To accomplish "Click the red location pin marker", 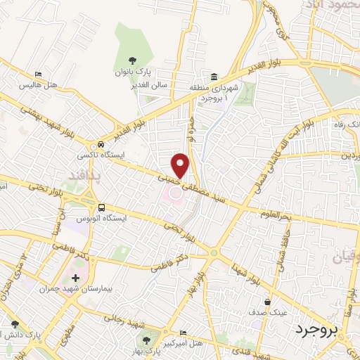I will click(x=181, y=165).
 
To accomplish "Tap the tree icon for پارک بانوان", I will click(x=134, y=60).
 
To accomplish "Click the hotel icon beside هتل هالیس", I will click(x=39, y=74).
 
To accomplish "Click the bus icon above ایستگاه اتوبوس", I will click(x=102, y=208).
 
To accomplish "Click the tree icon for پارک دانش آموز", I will click(x=15, y=324).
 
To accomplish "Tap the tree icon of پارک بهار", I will click(x=136, y=337).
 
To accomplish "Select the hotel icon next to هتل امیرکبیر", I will click(x=184, y=333).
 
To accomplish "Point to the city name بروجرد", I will click(x=316, y=329).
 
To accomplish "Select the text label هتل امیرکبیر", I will click(x=161, y=343).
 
